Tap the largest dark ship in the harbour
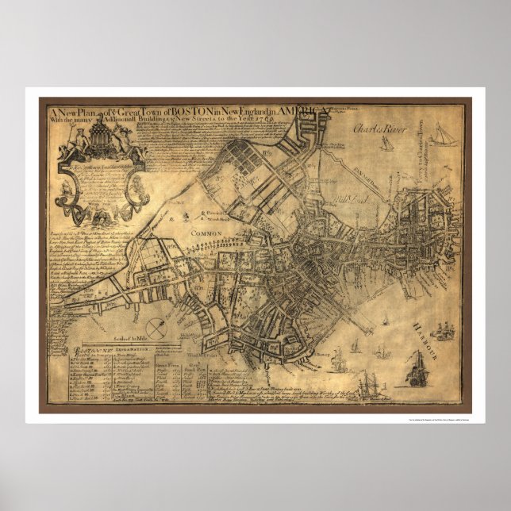[x=416, y=371]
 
